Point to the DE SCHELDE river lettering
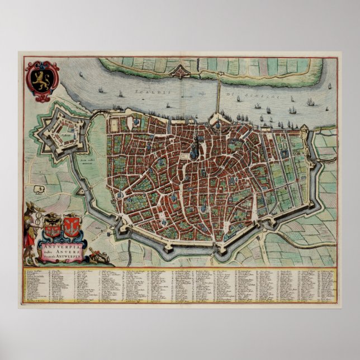click(259, 96)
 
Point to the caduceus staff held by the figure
click(35, 229)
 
